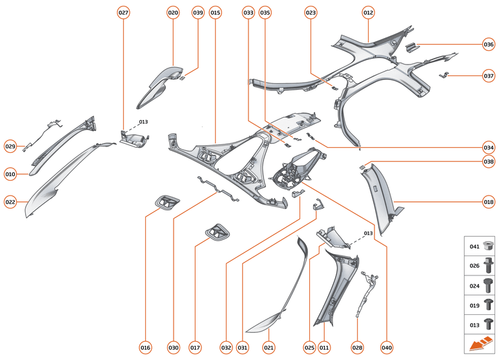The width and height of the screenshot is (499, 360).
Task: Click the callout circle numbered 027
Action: pyautogui.click(x=123, y=12)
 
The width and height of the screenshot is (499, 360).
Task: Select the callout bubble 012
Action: pyautogui.click(x=368, y=12)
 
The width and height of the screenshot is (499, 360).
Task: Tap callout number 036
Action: pyautogui.click(x=489, y=45)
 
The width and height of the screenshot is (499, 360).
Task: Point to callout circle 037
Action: pyautogui.click(x=489, y=75)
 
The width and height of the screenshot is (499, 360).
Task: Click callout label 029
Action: pyautogui.click(x=10, y=146)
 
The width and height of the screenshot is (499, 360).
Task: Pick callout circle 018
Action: pyautogui.click(x=489, y=202)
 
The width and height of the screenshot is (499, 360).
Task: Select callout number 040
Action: pyautogui.click(x=387, y=348)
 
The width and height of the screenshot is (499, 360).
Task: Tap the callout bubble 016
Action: pyautogui.click(x=145, y=348)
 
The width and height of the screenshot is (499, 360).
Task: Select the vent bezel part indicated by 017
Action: pyautogui.click(x=217, y=232)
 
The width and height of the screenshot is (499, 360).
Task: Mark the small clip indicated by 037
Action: pyautogui.click(x=445, y=75)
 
